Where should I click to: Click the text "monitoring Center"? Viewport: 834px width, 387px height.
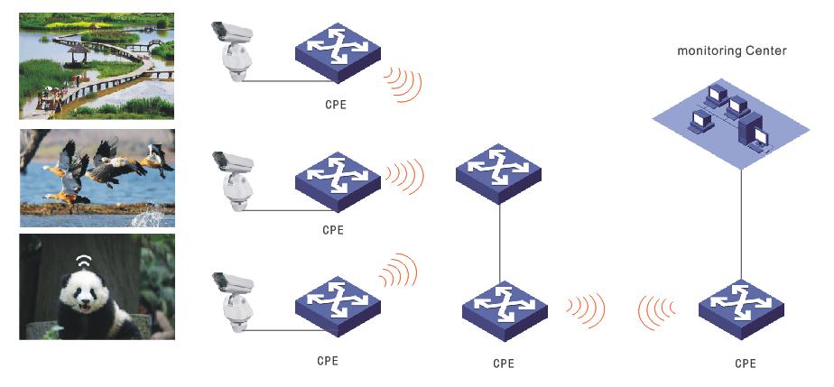point(732,51)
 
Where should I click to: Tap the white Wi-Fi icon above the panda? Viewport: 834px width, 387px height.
point(84,262)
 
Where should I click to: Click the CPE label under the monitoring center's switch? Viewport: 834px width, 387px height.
point(745,364)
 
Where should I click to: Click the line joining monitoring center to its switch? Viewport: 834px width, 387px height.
point(742,226)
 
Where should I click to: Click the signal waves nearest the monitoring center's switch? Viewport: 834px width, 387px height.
point(656,310)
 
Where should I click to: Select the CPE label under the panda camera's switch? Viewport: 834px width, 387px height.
point(328,361)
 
